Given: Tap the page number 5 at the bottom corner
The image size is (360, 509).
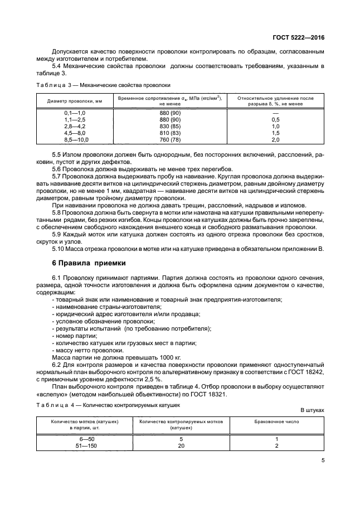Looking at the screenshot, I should tap(323, 460).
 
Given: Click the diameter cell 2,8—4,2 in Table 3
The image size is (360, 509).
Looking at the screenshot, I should tap(76, 127).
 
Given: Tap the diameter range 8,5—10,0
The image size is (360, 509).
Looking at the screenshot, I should tap(76, 140).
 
